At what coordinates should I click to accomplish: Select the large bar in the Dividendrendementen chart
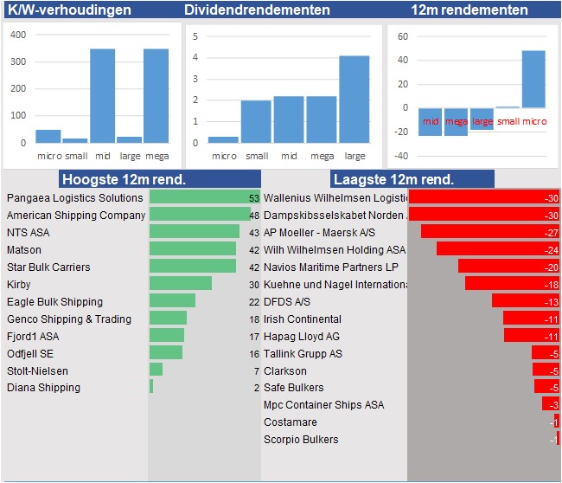(354, 100)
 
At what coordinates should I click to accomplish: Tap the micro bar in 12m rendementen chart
(533, 79)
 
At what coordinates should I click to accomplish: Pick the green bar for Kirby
(180, 284)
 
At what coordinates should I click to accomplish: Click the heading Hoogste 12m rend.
(123, 179)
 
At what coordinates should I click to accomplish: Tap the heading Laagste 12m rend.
(394, 179)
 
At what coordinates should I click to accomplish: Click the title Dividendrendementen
(257, 10)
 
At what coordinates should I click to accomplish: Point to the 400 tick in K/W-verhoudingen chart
(18, 35)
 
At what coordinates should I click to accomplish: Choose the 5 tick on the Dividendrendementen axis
(196, 36)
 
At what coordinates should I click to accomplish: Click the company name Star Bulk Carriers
(48, 267)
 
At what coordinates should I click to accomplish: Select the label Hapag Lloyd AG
(302, 336)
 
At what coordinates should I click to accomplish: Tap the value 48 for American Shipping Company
(253, 215)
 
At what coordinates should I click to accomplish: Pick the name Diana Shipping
(43, 387)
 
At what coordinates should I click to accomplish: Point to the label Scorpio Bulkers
(301, 439)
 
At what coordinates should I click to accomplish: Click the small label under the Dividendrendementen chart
(257, 156)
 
